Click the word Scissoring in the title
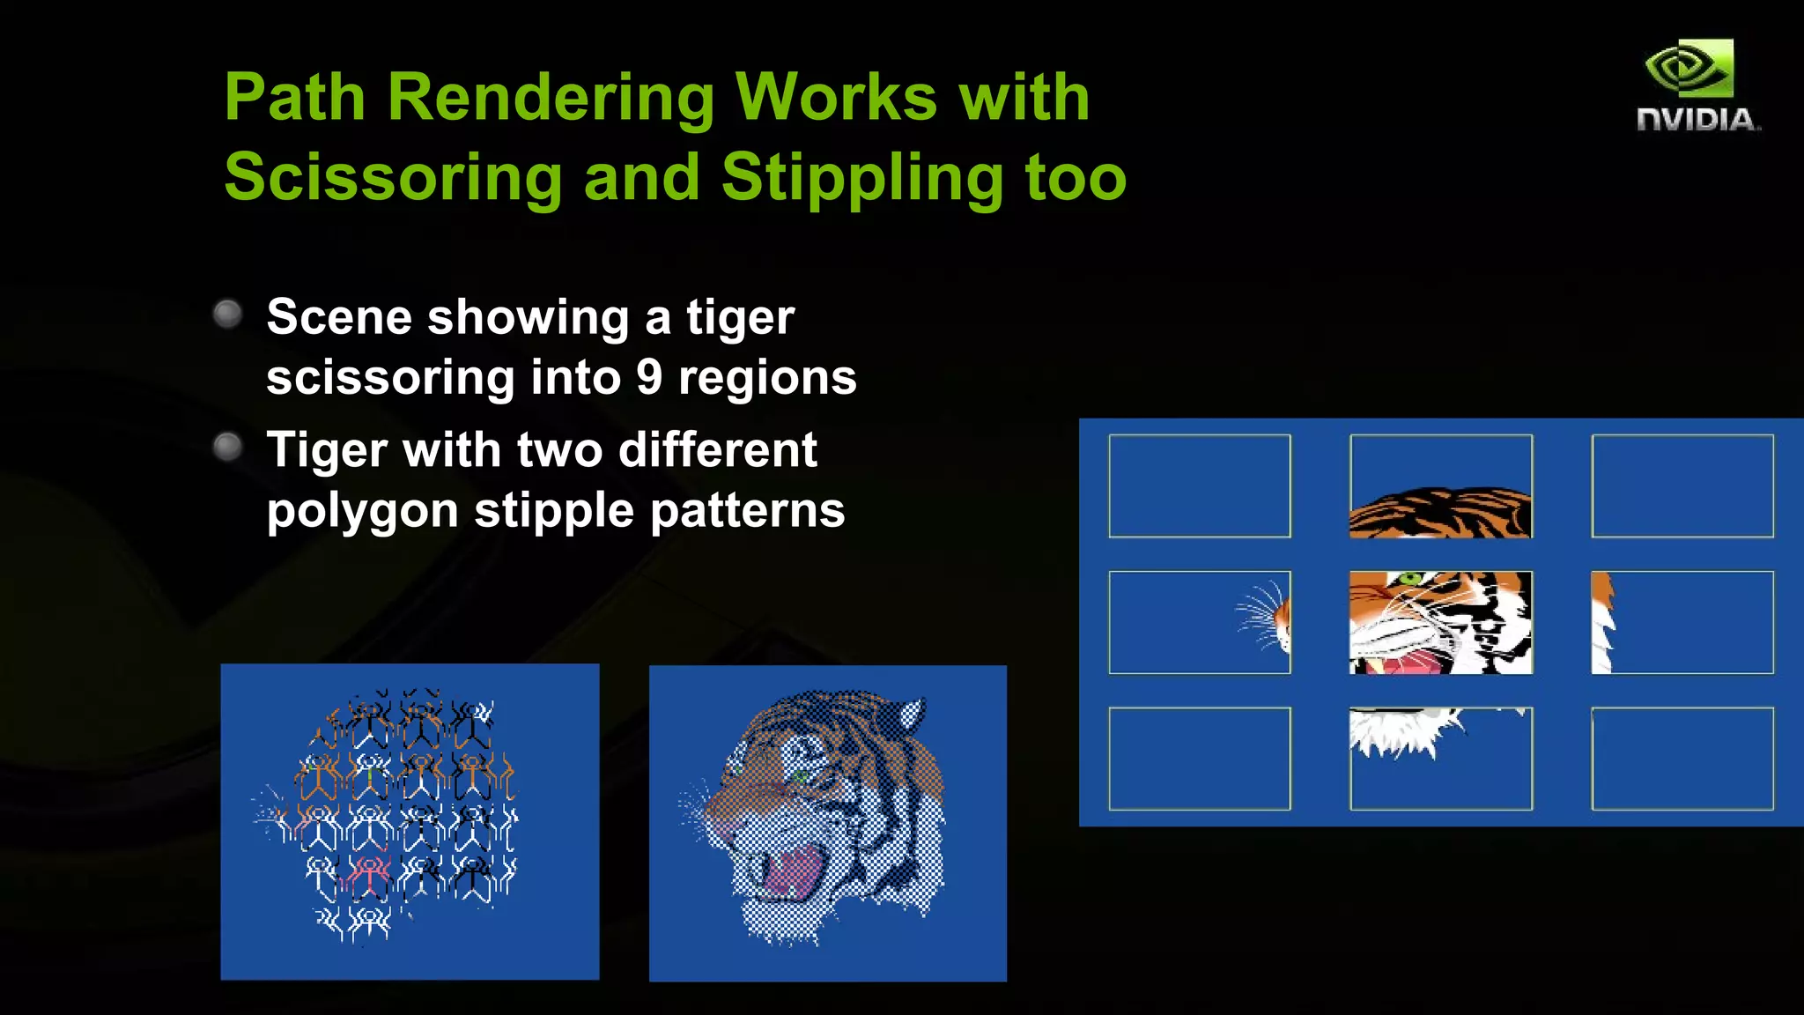tap(393, 177)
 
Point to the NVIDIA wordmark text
tap(1697, 120)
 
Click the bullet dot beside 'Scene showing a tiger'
tap(228, 314)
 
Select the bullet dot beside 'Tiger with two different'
tap(228, 447)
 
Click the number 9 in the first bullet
tap(649, 377)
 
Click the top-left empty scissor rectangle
tap(1199, 485)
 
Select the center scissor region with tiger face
tap(1440, 622)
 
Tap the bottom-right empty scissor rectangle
tap(1682, 758)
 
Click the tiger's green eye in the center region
tap(1410, 579)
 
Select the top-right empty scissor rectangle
tap(1682, 485)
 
